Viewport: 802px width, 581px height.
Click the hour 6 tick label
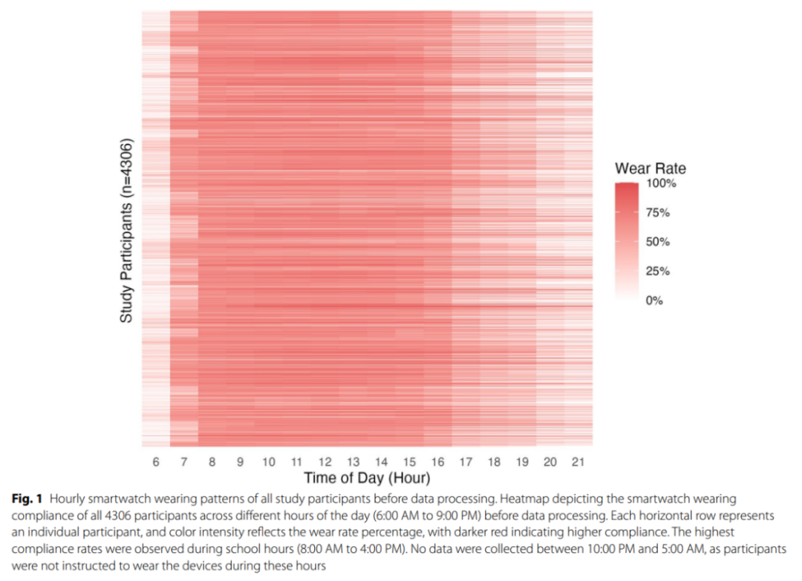pyautogui.click(x=156, y=462)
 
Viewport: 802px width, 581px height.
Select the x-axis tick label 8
pyautogui.click(x=212, y=462)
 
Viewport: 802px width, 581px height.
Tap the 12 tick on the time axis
pyautogui.click(x=325, y=462)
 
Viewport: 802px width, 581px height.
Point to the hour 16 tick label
pyautogui.click(x=437, y=462)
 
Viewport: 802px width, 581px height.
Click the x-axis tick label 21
pyautogui.click(x=578, y=462)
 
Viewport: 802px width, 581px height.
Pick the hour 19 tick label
pyautogui.click(x=522, y=462)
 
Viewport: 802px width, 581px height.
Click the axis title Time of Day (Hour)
pyautogui.click(x=367, y=478)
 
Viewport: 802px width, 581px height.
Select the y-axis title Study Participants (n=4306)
pyautogui.click(x=126, y=230)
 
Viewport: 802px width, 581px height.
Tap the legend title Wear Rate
pyautogui.click(x=651, y=168)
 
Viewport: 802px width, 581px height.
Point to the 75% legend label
pyautogui.click(x=656, y=213)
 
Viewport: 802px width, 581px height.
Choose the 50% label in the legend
pyautogui.click(x=656, y=242)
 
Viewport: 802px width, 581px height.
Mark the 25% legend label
pyautogui.click(x=656, y=272)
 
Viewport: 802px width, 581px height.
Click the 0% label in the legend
pyautogui.click(x=653, y=301)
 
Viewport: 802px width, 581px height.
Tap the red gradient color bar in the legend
pyautogui.click(x=627, y=242)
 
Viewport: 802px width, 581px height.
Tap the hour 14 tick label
pyautogui.click(x=381, y=462)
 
